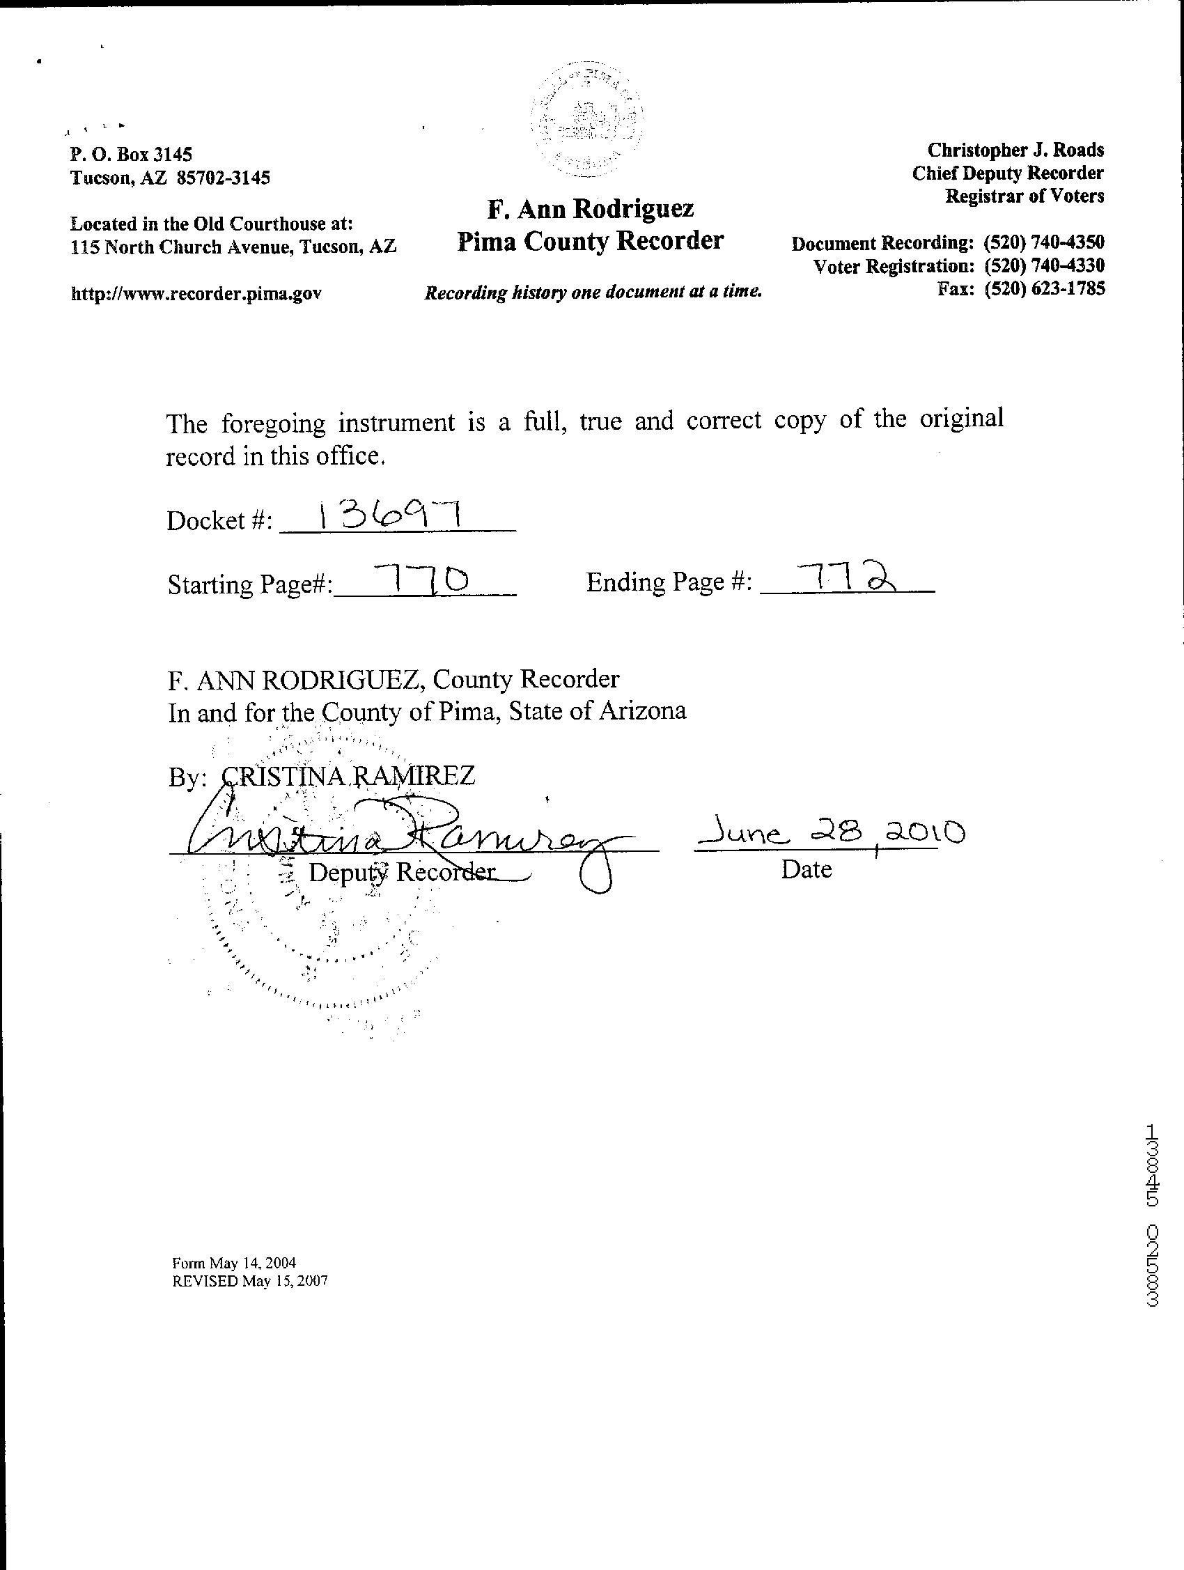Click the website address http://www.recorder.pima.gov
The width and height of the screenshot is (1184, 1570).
point(196,293)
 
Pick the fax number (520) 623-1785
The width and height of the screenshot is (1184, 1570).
point(1043,289)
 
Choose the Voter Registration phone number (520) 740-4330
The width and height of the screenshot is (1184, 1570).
point(1043,266)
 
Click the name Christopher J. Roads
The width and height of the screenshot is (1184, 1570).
point(1015,150)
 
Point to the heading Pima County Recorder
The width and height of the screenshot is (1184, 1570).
point(590,241)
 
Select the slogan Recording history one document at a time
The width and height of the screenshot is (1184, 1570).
point(593,292)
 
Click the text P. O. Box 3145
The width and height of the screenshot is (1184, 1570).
point(132,154)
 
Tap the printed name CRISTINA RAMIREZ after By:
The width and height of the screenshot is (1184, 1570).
point(348,775)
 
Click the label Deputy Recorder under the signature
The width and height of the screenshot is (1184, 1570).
point(402,871)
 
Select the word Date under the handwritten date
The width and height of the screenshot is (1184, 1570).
point(807,869)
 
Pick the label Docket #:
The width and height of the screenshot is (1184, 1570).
point(219,521)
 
